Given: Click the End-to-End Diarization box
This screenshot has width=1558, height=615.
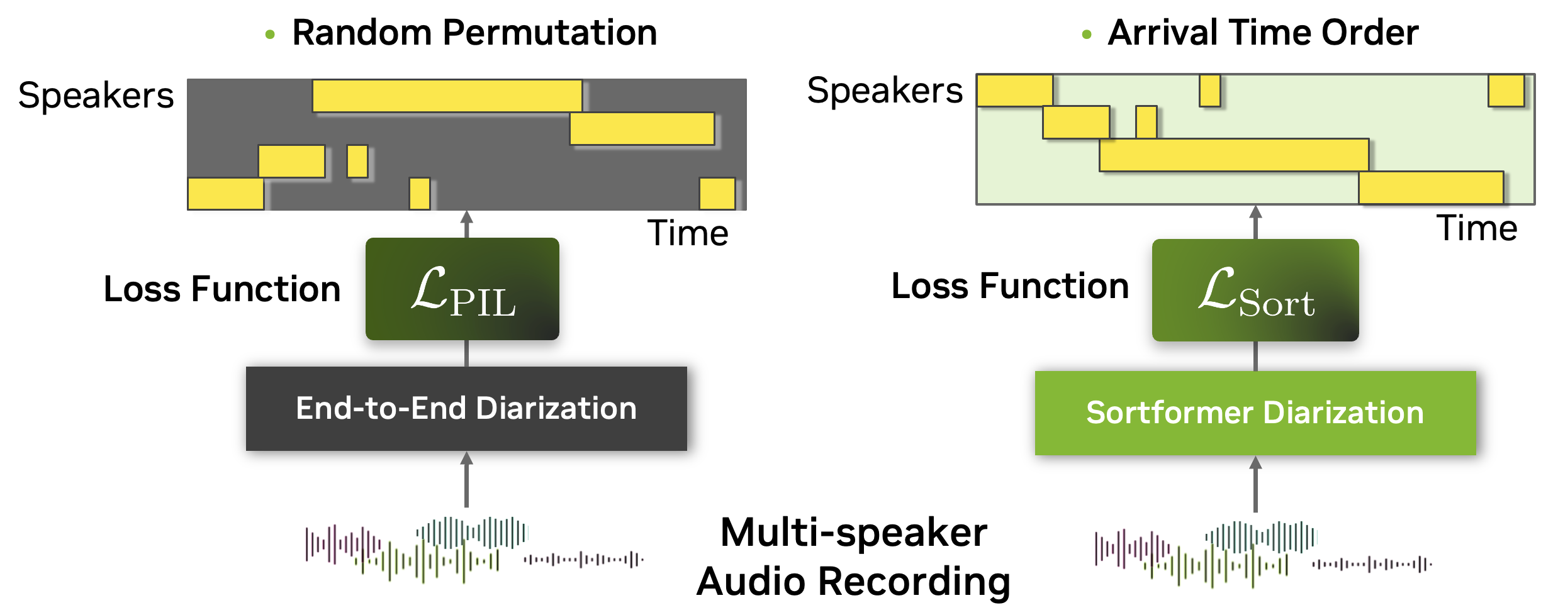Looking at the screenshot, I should click(466, 409).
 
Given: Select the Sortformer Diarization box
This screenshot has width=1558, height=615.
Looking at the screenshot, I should click(1255, 413).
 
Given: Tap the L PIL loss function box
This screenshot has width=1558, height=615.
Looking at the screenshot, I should click(462, 289).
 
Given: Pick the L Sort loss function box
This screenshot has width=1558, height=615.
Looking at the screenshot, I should click(1255, 291).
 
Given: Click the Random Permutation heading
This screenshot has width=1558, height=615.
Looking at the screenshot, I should click(474, 33).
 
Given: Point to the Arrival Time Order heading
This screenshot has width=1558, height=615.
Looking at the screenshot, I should click(1263, 33).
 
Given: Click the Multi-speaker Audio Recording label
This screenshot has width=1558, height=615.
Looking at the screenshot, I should click(853, 557).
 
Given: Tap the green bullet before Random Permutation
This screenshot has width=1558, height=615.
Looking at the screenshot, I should click(270, 35).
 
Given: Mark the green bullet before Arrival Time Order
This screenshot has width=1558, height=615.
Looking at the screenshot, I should click(1086, 35).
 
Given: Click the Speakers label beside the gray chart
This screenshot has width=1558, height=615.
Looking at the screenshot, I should click(96, 96).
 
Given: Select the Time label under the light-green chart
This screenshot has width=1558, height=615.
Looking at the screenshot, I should click(1477, 228).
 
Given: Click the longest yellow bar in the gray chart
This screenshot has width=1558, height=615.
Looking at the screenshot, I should click(447, 96).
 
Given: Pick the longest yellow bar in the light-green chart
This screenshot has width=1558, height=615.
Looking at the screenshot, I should click(1233, 155).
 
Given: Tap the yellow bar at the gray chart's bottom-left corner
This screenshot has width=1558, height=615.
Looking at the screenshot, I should click(225, 194).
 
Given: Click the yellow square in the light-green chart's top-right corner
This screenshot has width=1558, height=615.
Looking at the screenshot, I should click(1506, 91).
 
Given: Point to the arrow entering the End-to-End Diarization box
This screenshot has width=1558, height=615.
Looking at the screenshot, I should click(466, 478).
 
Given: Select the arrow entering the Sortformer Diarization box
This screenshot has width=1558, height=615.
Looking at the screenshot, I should click(1255, 483).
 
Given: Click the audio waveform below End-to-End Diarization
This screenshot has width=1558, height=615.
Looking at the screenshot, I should click(473, 550).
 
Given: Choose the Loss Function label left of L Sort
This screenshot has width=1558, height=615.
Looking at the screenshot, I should click(1010, 286).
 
